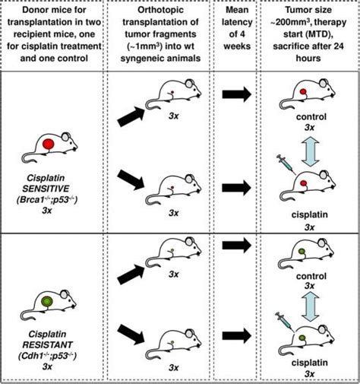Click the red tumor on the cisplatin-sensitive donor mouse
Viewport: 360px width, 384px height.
(x=47, y=144)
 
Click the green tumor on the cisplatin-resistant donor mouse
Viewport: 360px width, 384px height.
(x=47, y=302)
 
